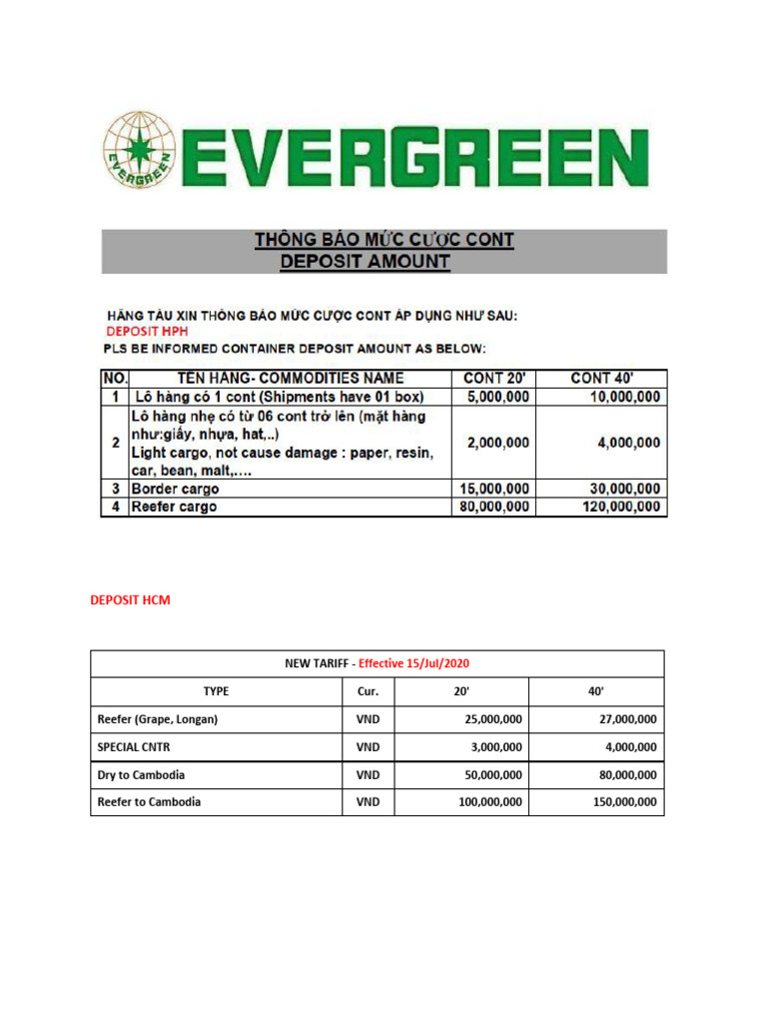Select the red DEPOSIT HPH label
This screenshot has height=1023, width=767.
[x=146, y=331]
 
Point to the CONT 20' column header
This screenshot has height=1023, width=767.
[x=495, y=378]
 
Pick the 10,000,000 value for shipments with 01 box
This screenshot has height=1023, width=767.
[x=620, y=396]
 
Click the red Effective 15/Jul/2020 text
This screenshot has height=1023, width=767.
[x=413, y=663]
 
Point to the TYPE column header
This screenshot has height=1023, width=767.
[x=216, y=690]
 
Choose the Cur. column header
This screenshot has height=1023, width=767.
[x=368, y=690]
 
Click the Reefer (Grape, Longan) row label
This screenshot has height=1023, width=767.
[x=157, y=718]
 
